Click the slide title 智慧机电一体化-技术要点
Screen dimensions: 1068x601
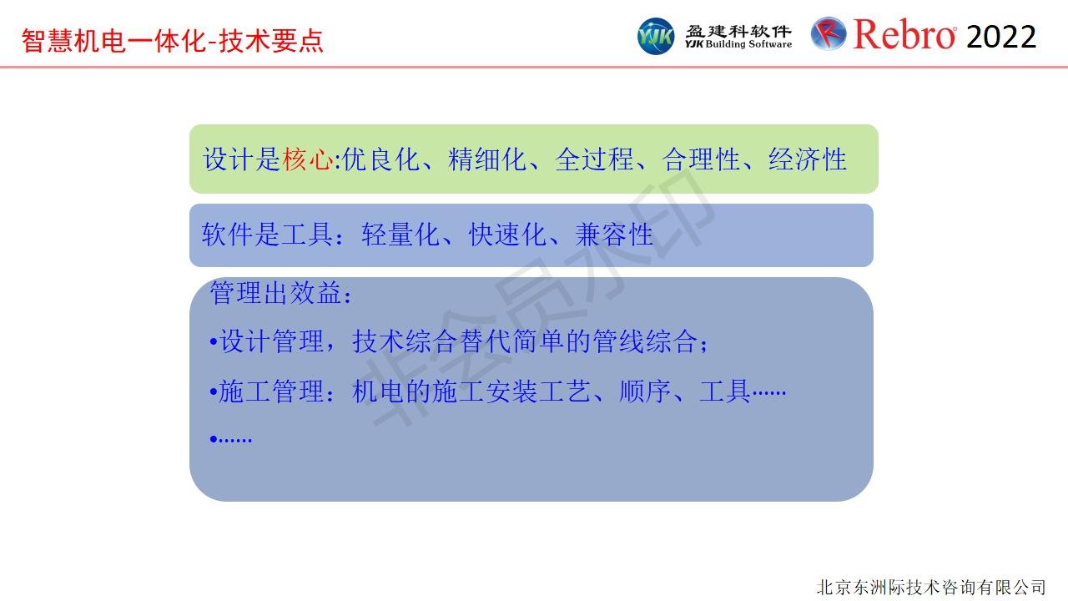click(x=173, y=41)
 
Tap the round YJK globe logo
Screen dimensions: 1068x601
click(x=656, y=36)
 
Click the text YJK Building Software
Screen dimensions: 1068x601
click(x=738, y=44)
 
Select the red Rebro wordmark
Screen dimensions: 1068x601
click(x=904, y=34)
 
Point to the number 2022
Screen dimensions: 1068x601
click(x=1001, y=37)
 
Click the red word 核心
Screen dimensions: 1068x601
click(x=308, y=159)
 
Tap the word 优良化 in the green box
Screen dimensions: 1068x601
click(x=381, y=159)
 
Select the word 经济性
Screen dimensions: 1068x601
click(x=808, y=159)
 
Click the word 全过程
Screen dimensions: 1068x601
click(x=594, y=159)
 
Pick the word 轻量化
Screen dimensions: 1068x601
click(x=400, y=235)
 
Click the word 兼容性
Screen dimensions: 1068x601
click(x=614, y=235)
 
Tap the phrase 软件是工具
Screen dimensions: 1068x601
click(x=267, y=235)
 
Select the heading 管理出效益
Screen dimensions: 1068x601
click(x=275, y=293)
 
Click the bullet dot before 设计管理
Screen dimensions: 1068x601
click(x=214, y=341)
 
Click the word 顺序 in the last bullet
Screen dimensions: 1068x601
click(x=645, y=391)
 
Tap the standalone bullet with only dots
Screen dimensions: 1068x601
click(x=231, y=439)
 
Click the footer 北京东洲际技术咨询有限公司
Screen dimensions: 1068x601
click(x=931, y=587)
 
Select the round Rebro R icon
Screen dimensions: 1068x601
click(x=829, y=34)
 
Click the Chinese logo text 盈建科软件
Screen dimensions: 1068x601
click(x=738, y=31)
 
